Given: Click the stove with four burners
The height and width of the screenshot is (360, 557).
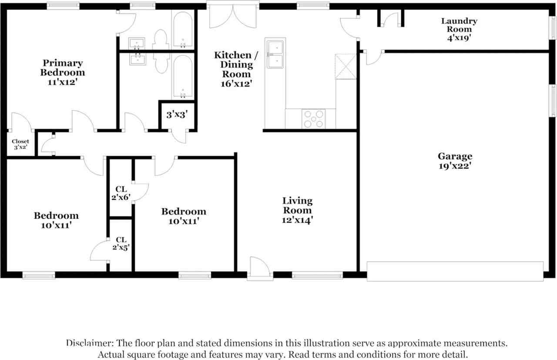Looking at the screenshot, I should click(x=314, y=118).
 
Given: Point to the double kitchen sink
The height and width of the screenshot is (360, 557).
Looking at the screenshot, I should click(x=275, y=54).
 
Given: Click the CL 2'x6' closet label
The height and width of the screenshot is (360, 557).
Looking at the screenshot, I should click(x=121, y=193).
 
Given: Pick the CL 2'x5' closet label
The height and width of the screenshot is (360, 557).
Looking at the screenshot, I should click(x=121, y=243).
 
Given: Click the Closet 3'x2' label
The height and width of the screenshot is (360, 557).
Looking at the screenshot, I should click(x=20, y=144).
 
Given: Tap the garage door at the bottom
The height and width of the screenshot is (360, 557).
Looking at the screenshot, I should click(x=455, y=271).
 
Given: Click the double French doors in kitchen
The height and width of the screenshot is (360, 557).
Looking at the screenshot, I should click(x=233, y=17).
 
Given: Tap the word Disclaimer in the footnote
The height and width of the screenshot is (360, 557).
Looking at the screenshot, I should click(x=87, y=343).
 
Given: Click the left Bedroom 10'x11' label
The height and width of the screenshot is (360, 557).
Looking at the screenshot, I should click(x=56, y=220).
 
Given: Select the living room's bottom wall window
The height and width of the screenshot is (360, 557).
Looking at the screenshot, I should click(x=317, y=275).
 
